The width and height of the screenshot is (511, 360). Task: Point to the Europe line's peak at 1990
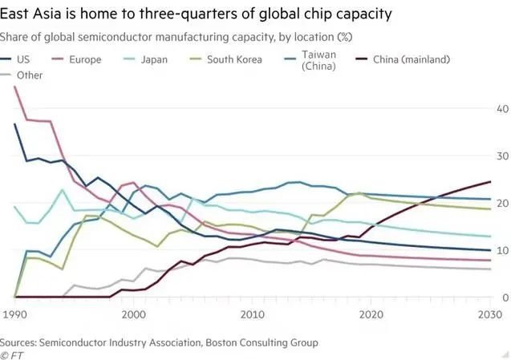[x=15, y=87]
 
